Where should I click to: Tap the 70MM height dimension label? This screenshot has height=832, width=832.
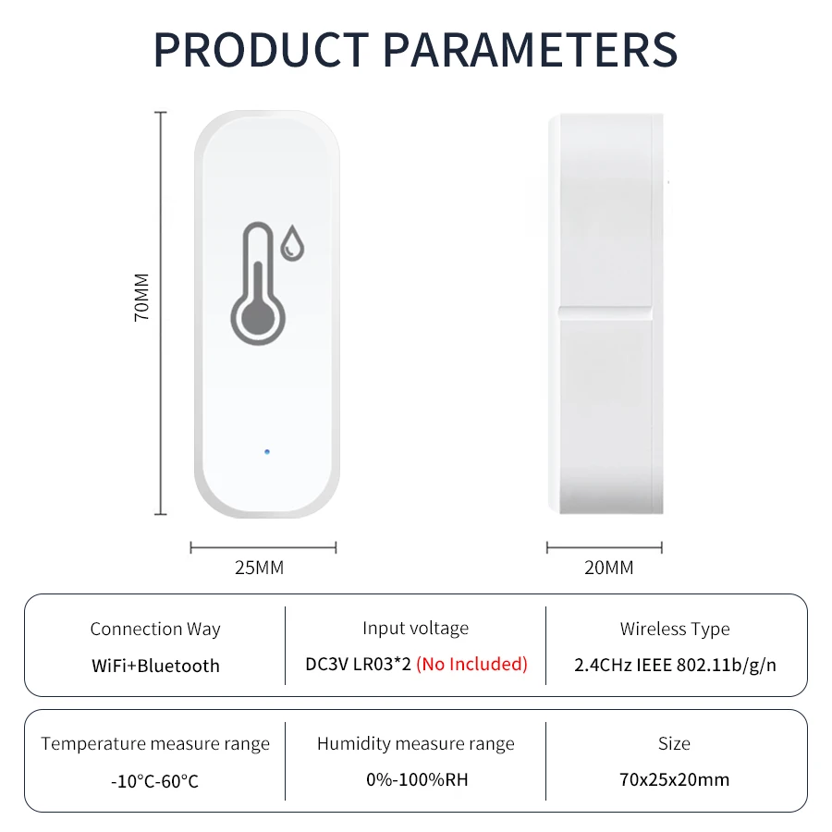[x=141, y=296]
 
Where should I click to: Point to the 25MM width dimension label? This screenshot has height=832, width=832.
[x=259, y=568]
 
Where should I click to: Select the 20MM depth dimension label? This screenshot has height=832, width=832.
[x=609, y=568]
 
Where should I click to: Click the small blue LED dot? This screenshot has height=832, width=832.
[x=266, y=452]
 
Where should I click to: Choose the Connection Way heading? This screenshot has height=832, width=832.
[x=155, y=629]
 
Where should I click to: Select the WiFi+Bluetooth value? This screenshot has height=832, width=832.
[x=155, y=666]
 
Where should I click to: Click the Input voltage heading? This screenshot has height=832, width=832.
[x=415, y=629]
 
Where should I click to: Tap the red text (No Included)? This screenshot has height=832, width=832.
[x=471, y=664]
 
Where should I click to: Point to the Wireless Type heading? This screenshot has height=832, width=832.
[x=675, y=629]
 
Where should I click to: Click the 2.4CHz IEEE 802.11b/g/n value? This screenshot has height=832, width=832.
[x=675, y=665]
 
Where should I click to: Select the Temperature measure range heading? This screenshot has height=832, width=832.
[x=155, y=743]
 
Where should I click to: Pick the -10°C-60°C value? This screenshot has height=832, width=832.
[x=155, y=781]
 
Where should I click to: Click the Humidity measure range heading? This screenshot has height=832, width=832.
[x=415, y=743]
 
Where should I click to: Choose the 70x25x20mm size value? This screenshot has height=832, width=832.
[x=674, y=779]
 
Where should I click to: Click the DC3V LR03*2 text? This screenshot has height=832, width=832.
[x=358, y=664]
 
